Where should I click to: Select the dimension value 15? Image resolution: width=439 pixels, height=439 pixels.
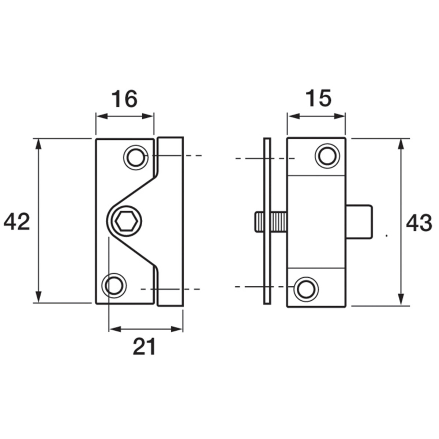pos(319,98)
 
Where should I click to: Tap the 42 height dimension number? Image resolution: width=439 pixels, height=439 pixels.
pos(17,221)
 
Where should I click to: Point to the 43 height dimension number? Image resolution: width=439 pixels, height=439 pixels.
pos(419,223)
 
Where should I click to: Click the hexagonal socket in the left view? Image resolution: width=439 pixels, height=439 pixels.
pos(126,221)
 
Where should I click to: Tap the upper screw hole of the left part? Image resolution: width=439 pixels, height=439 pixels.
pos(136,157)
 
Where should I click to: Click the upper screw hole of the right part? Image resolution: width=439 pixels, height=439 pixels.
pos(327,156)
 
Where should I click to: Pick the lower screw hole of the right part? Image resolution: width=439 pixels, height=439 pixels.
pos(306,289)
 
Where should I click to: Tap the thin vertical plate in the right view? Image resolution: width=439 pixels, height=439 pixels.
pos(267,221)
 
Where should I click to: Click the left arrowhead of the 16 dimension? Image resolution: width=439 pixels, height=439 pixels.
pos(102,116)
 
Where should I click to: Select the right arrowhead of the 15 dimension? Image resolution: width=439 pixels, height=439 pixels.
pos(339,116)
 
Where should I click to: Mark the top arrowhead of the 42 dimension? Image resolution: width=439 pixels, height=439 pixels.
pos(39,144)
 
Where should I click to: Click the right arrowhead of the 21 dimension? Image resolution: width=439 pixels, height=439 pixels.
pos(177,329)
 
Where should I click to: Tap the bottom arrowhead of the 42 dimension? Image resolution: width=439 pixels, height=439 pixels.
pos(39,297)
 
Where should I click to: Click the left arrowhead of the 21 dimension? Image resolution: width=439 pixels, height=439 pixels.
pos(115,329)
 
